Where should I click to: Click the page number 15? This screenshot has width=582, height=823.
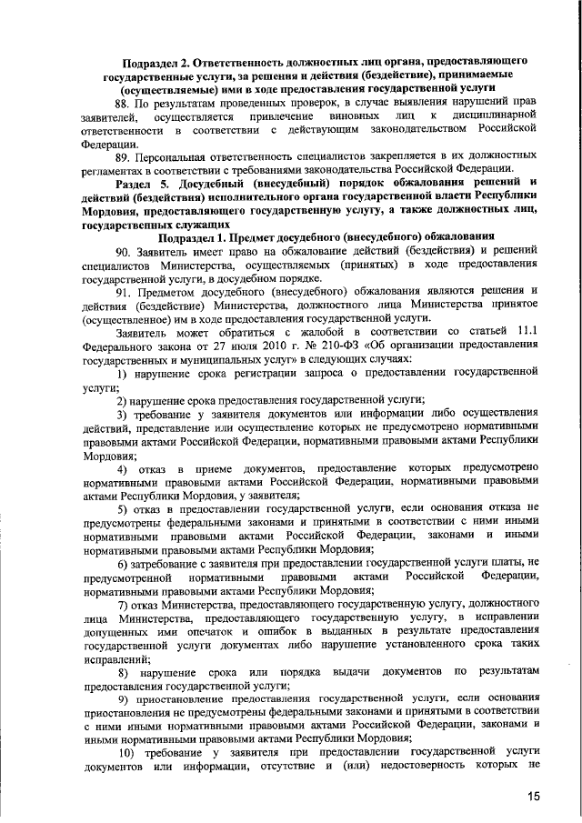pyautogui.click(x=533, y=796)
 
